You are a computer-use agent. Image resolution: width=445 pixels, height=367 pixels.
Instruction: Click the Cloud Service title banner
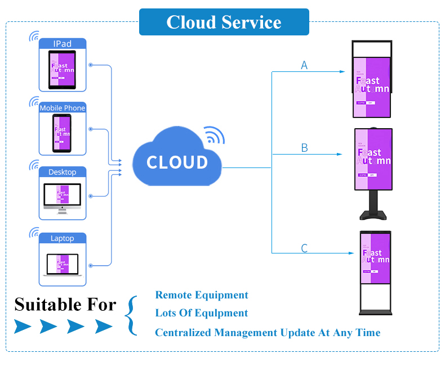tap(224, 22)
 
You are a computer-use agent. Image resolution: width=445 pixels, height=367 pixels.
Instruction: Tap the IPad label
tap(63, 44)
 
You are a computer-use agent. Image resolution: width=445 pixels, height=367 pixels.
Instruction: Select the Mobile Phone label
tap(63, 108)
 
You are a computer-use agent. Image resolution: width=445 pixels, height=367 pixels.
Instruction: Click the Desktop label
tap(63, 172)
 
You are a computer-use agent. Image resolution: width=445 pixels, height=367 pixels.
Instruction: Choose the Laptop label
tap(63, 238)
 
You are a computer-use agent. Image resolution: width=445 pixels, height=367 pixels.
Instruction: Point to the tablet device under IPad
tap(62, 70)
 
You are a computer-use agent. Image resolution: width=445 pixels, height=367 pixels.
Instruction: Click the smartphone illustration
tap(62, 134)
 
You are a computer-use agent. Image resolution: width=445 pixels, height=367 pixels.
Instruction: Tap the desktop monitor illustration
tap(63, 198)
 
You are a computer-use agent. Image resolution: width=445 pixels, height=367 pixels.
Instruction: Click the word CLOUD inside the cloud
tap(177, 162)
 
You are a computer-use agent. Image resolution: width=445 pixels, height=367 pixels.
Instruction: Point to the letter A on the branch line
tap(304, 66)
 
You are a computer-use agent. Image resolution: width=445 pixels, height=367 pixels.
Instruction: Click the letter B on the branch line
tap(304, 148)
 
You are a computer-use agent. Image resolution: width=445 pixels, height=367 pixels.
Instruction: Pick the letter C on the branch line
tap(304, 248)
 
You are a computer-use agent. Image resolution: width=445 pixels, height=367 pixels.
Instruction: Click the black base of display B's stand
tap(372, 214)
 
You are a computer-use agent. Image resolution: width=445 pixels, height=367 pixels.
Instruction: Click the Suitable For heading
tap(65, 305)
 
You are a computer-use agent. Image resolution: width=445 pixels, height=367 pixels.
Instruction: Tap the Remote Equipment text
tap(202, 295)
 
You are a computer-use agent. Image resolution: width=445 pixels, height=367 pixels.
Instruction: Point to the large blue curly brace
tap(131, 315)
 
